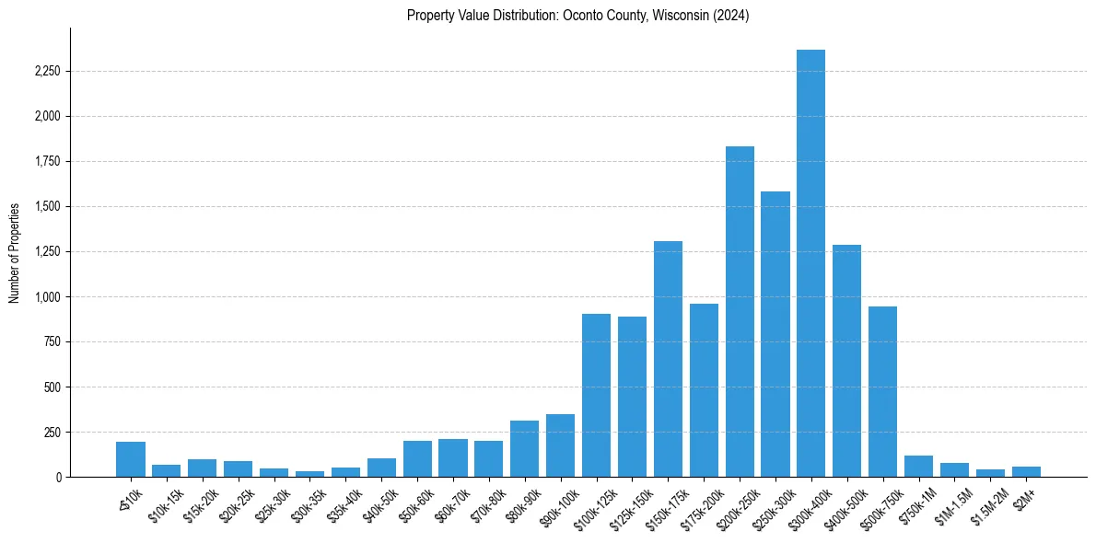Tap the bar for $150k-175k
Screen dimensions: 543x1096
(668, 359)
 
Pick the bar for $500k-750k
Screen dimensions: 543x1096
(882, 391)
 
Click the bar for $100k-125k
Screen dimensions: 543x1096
(596, 395)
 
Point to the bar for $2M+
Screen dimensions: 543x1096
(1026, 471)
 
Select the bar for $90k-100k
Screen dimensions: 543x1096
(560, 445)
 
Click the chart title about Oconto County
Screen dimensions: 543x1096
(577, 16)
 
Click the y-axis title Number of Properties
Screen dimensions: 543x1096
(15, 252)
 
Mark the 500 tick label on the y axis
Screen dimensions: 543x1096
(52, 387)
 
